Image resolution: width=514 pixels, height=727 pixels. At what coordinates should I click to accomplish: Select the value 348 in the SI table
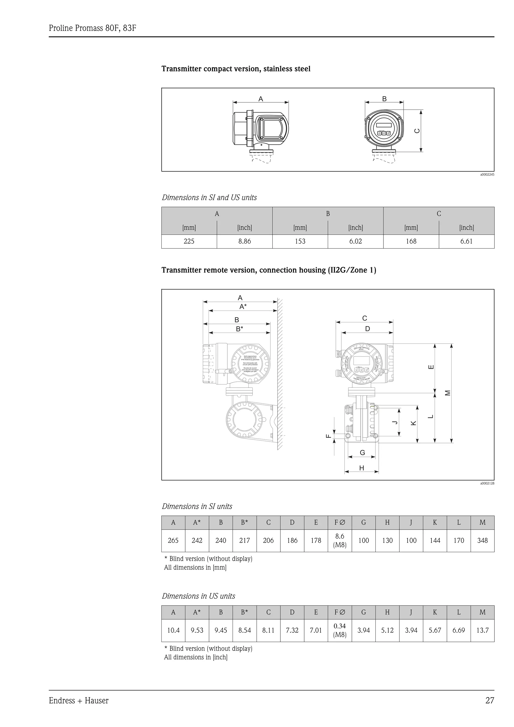coord(482,541)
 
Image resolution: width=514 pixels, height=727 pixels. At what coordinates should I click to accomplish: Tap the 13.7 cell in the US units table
coord(482,630)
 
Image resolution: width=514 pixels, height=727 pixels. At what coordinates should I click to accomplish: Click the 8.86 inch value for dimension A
coord(244,241)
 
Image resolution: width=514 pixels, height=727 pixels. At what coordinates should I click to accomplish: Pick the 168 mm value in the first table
coord(411,241)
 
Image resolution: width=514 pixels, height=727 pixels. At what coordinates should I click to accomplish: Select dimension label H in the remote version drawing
coord(361,468)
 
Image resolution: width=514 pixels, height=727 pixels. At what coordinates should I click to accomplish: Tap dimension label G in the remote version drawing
coord(362,453)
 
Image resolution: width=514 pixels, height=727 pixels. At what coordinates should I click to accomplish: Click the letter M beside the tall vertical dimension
coord(447,393)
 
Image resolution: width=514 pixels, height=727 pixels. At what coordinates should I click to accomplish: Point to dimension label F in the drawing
coord(329,436)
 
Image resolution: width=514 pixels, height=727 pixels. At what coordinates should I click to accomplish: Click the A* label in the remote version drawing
coord(243,307)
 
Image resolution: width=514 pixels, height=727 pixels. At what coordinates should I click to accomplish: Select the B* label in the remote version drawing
coord(239,329)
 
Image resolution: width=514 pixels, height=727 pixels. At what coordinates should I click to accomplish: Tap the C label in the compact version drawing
coord(417,131)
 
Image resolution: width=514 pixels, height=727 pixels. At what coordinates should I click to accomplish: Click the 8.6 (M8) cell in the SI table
coord(340,541)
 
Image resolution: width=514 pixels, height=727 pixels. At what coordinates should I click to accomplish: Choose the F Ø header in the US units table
coord(340,612)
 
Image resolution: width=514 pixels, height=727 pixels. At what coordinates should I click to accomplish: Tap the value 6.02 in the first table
coord(355,241)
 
